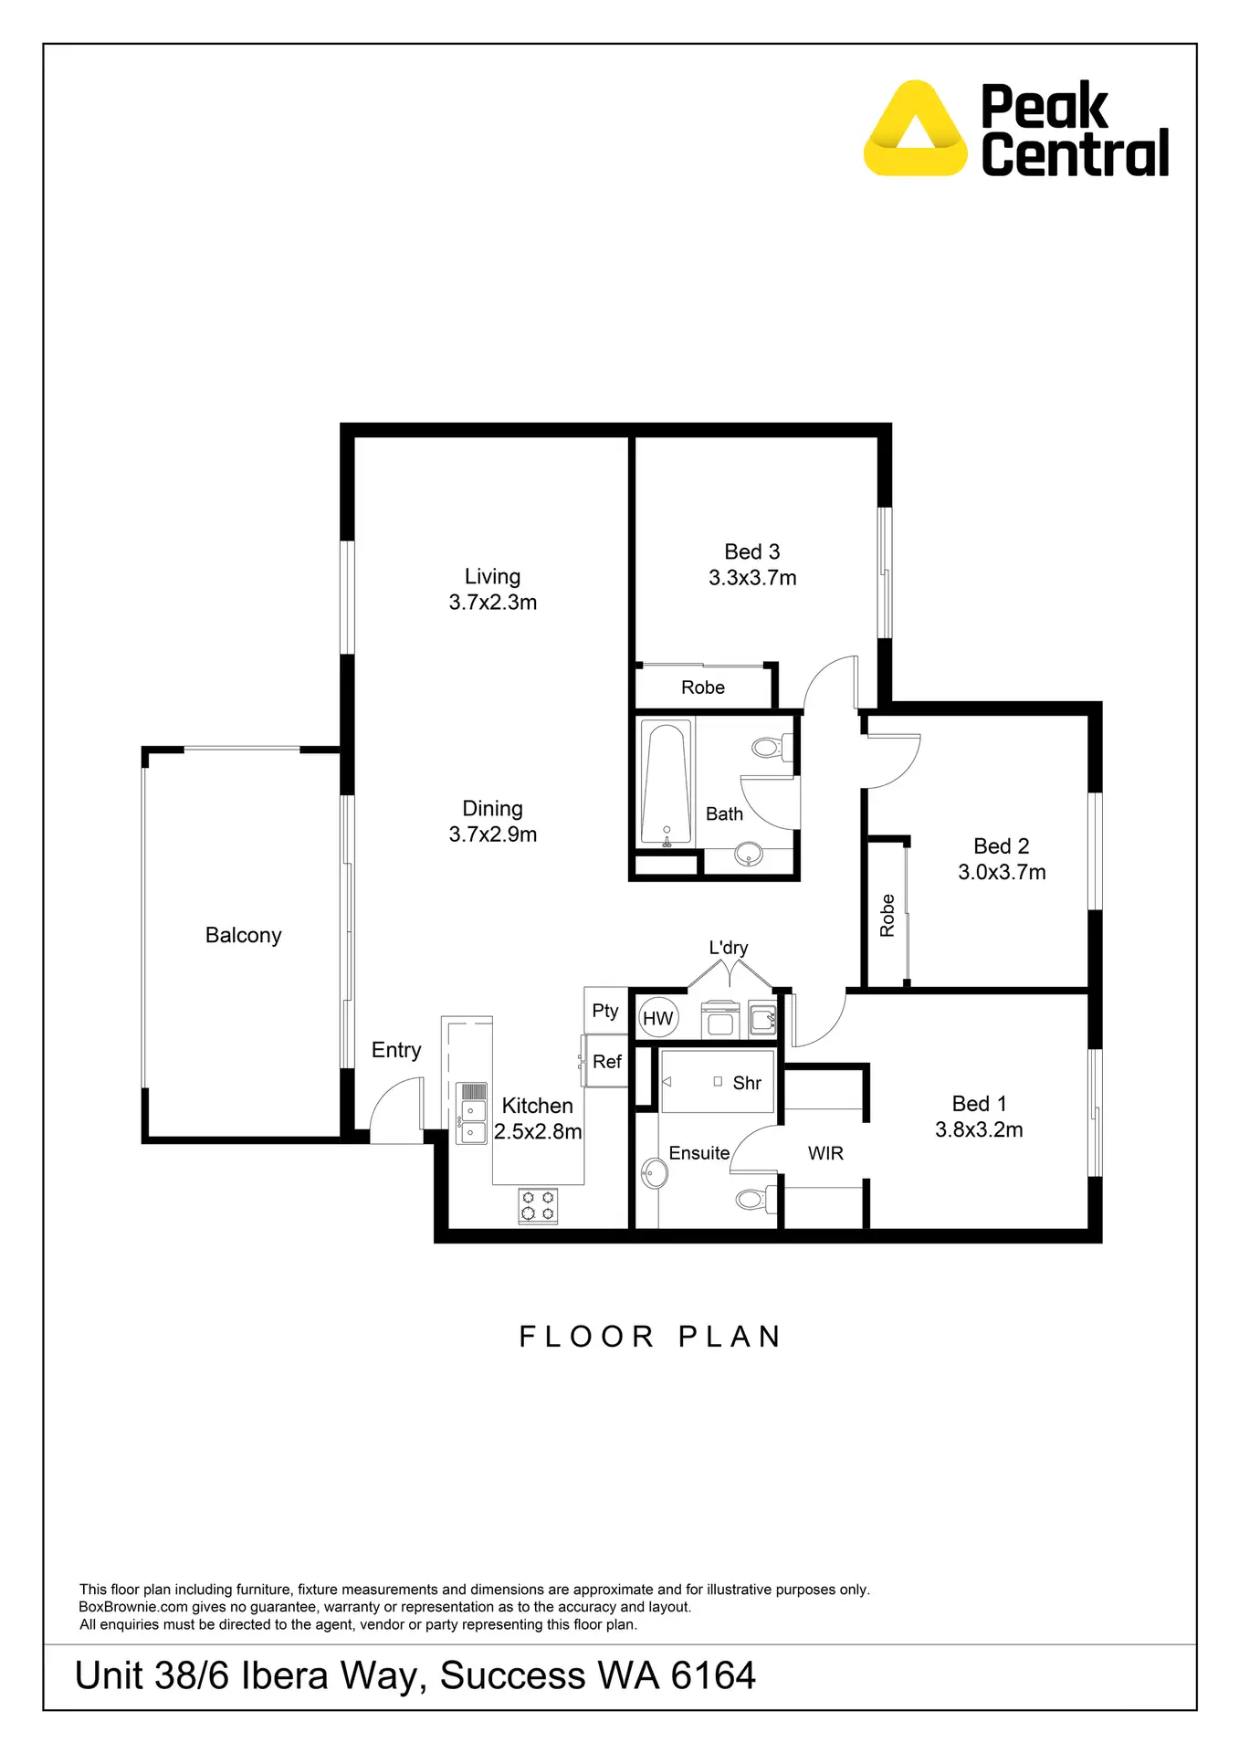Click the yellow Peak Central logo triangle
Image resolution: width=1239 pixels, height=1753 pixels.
(x=915, y=130)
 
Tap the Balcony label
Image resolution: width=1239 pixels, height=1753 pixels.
(x=243, y=935)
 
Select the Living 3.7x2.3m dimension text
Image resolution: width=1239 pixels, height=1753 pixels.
(x=492, y=603)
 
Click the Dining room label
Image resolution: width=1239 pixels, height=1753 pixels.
(x=492, y=808)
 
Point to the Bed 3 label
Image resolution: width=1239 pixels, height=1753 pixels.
(x=751, y=551)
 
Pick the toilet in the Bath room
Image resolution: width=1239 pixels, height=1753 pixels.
(x=772, y=748)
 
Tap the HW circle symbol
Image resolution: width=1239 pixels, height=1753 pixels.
(x=657, y=1018)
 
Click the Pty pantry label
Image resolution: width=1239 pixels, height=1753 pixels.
(x=604, y=1010)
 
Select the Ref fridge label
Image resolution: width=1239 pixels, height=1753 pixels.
(x=606, y=1061)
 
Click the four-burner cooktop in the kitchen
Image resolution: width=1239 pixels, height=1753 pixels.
(x=538, y=1205)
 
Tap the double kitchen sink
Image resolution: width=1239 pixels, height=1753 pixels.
(x=471, y=1121)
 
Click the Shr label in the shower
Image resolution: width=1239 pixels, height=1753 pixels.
(x=746, y=1083)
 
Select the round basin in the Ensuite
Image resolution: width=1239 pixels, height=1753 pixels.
(x=654, y=1173)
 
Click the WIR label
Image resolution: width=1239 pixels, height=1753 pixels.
(x=825, y=1153)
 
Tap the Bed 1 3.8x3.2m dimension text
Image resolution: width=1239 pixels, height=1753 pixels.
(x=979, y=1129)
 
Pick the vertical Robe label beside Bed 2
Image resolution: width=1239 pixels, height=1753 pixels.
(x=887, y=915)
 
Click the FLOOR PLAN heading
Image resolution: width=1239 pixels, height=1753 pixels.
(x=650, y=1337)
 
